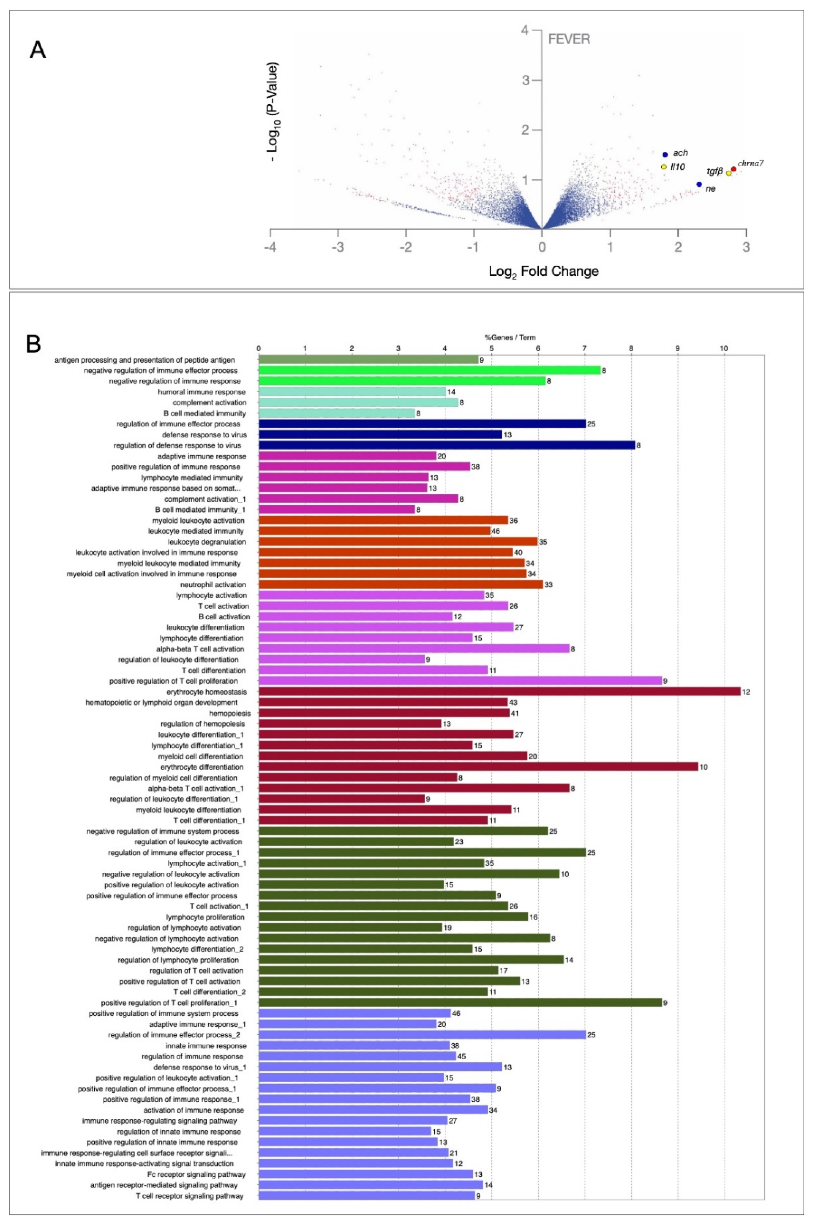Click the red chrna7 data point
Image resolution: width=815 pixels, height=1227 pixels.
(x=733, y=169)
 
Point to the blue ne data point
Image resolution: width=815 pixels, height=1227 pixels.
(x=699, y=184)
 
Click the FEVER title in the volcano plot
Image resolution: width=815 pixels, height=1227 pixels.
(x=569, y=39)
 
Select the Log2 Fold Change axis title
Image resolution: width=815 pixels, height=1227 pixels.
(x=544, y=271)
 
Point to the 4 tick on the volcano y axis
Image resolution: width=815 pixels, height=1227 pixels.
(x=525, y=30)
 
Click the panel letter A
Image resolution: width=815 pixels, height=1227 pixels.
(x=37, y=50)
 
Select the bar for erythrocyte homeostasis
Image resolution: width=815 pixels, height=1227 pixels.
(x=499, y=691)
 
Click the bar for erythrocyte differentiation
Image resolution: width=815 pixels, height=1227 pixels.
(x=478, y=767)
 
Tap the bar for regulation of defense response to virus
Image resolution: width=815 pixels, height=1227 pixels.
(x=447, y=445)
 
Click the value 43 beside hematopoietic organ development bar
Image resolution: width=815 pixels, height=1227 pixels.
(x=513, y=702)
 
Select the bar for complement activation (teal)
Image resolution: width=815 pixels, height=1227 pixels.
(x=359, y=403)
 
